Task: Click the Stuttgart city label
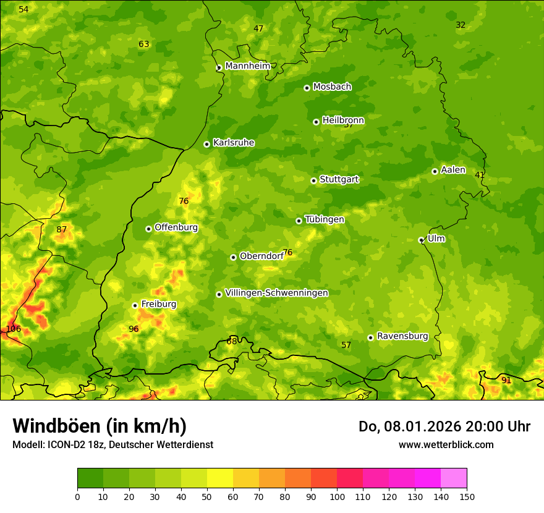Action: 339,179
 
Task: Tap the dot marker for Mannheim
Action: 219,68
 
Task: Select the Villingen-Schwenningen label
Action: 276,293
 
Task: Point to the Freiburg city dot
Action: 135,305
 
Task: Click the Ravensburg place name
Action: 402,336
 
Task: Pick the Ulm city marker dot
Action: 421,240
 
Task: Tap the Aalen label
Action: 453,170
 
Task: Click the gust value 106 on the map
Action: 13,329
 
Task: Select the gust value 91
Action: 506,380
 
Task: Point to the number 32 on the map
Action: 461,25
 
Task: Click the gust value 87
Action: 62,229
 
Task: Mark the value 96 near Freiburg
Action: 134,329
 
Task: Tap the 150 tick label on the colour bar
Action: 466,496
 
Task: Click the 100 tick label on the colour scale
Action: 337,496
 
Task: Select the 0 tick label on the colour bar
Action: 77,496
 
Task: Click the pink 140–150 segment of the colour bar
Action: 454,478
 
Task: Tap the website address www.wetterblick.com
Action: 446,444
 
